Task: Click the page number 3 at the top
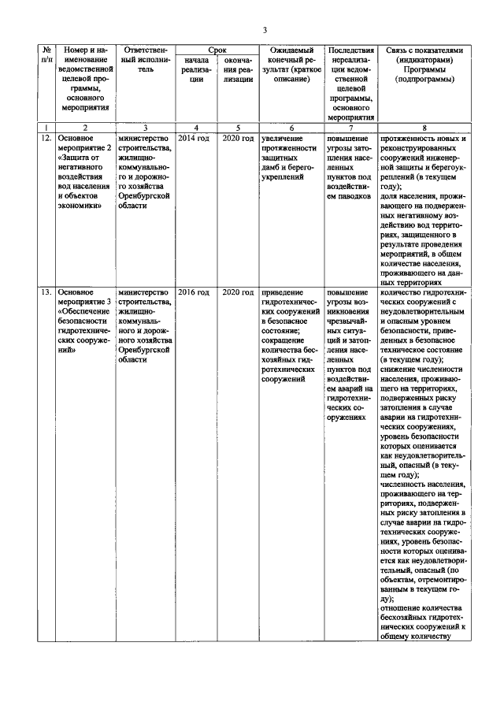tap(265, 30)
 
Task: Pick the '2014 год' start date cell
tap(194, 139)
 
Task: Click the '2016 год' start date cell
tap(194, 292)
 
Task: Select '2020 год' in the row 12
tap(238, 139)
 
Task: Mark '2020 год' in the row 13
tap(238, 292)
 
